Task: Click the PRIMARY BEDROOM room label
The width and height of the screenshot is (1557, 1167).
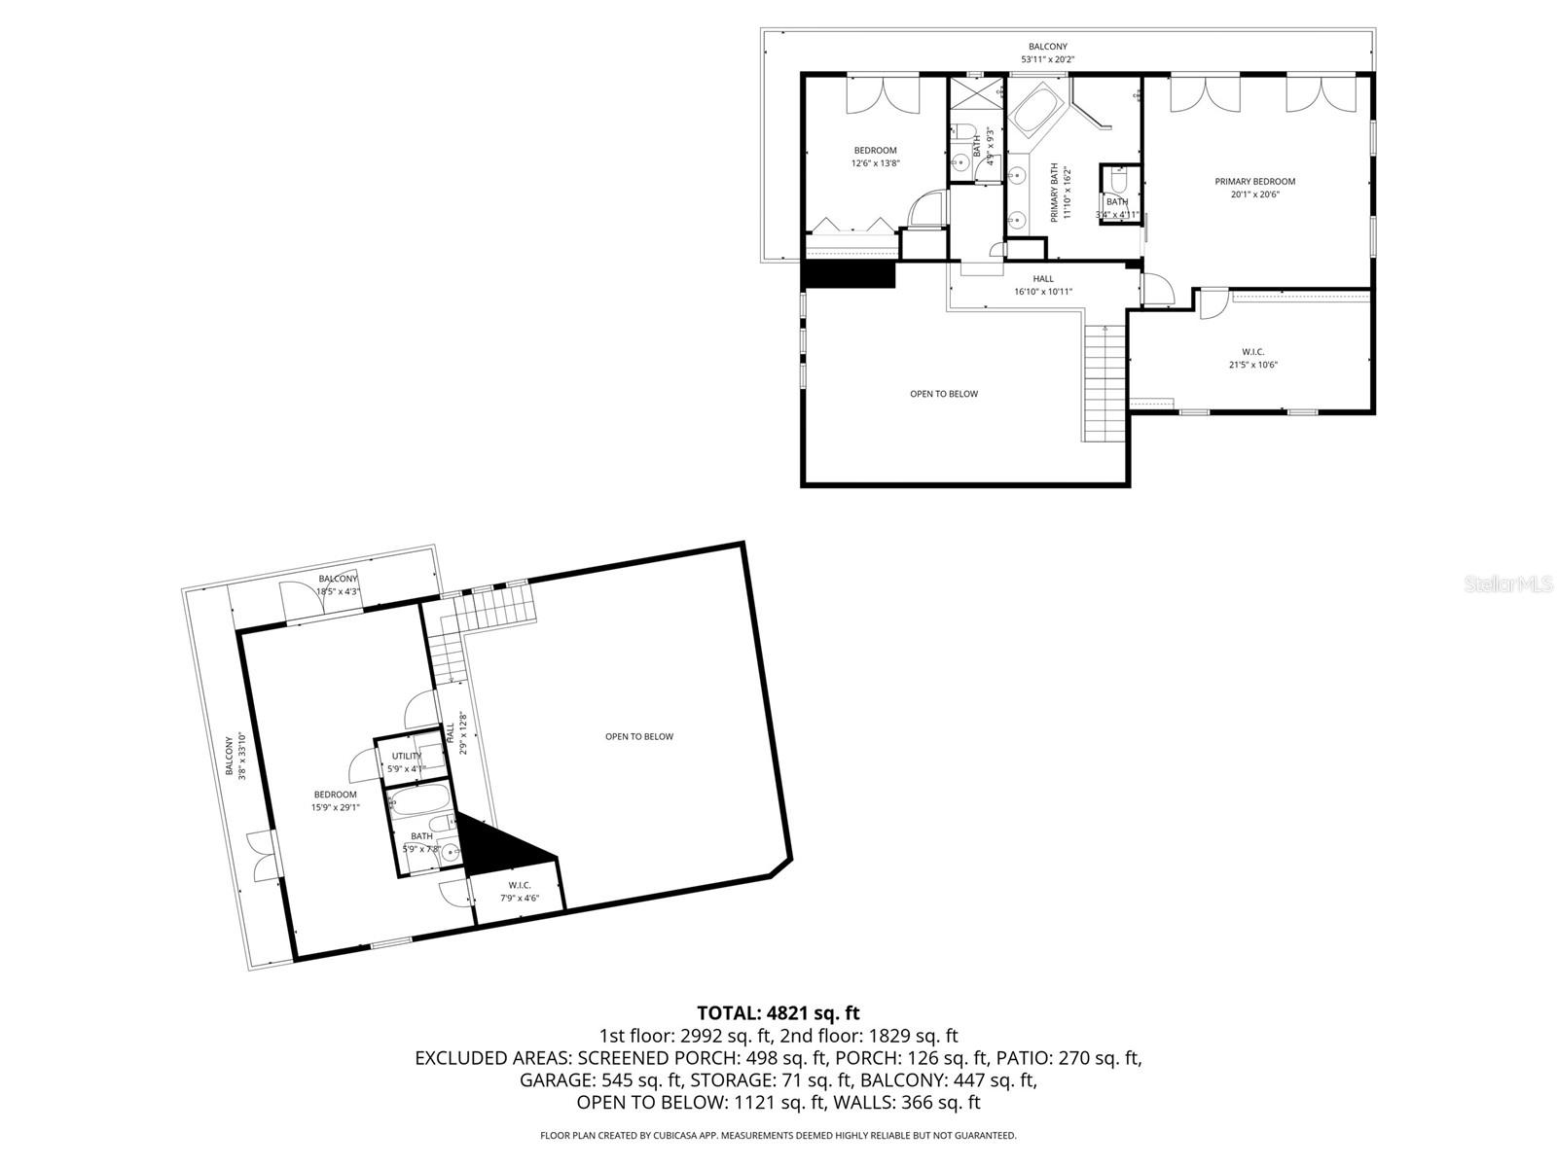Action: coord(1254,182)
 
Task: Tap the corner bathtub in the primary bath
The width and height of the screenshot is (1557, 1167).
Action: coord(1037,112)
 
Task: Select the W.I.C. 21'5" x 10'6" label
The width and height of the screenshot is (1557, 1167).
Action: coord(1252,359)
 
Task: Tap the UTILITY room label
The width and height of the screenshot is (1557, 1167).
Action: coord(406,756)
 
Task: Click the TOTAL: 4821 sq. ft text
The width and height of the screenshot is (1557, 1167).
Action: coord(778,1013)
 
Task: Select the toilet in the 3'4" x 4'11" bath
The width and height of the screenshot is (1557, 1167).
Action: coord(1118,182)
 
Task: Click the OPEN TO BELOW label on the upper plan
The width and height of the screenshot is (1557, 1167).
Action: coord(943,394)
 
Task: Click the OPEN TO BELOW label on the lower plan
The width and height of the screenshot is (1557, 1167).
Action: coord(638,736)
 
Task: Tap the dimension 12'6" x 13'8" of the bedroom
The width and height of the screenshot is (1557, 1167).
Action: coord(875,163)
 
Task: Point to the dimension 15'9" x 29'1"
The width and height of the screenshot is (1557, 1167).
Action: coord(335,807)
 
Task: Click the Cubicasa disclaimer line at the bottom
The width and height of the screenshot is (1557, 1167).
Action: coord(778,1135)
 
